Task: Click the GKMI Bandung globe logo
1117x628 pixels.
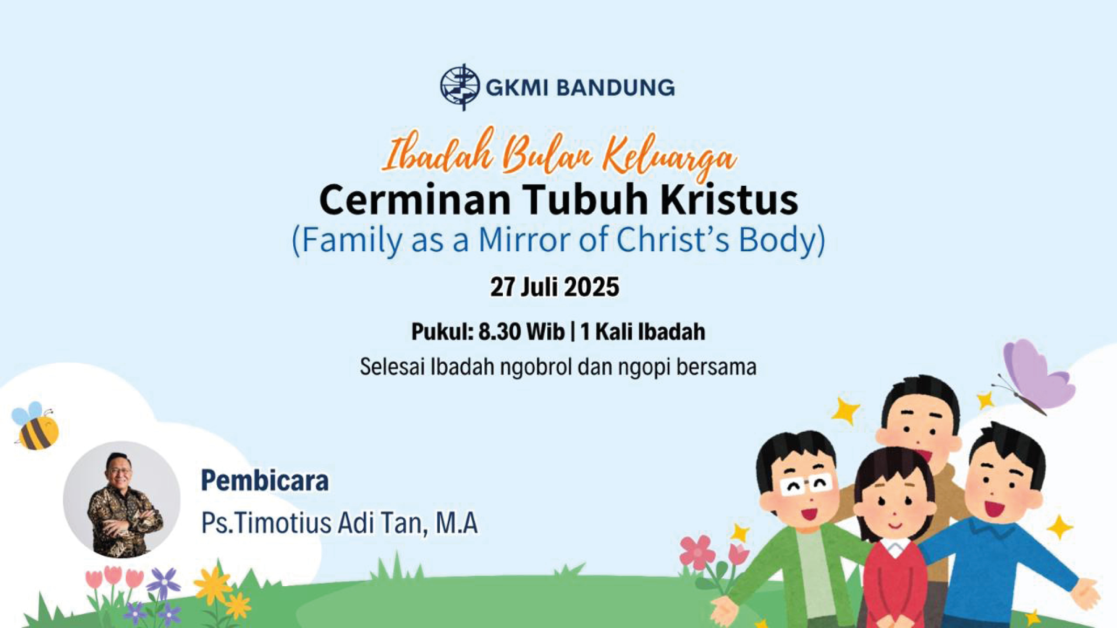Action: click(459, 87)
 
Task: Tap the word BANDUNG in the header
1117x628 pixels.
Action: click(615, 87)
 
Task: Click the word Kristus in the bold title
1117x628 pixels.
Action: click(728, 199)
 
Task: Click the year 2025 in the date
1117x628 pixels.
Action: click(592, 287)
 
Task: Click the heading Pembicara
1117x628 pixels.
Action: click(265, 481)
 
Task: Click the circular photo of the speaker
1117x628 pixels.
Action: click(121, 500)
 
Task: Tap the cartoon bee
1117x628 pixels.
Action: click(35, 426)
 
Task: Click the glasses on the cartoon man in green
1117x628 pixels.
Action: click(805, 486)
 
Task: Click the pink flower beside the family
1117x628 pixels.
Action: click(698, 553)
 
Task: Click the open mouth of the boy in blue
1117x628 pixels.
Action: click(993, 508)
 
